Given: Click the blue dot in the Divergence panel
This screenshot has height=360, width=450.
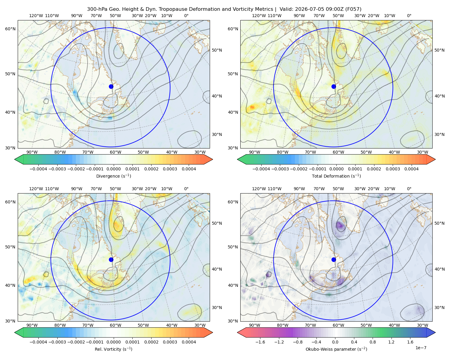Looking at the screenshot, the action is coord(111,86).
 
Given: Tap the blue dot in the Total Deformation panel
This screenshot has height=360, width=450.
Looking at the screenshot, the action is coord(334,86).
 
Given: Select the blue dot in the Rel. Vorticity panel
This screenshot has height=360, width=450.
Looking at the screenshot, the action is coord(111,259).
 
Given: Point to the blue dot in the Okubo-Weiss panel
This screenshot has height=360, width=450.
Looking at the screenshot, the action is coord(334,259).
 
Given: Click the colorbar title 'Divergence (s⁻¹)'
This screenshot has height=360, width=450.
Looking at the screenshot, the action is coord(113,176).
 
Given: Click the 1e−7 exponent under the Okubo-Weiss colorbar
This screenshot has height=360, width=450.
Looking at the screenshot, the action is coord(421,348).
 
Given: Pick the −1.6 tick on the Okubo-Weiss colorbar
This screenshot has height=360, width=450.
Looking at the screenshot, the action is coord(260,342).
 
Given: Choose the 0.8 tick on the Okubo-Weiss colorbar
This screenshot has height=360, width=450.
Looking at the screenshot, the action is coord(373,342).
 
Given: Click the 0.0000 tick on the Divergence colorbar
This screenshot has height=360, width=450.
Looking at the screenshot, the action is coord(113,169).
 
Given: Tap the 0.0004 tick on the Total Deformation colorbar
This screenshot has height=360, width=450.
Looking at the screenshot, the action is coord(411,169).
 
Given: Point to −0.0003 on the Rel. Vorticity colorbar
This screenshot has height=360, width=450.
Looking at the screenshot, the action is coord(57,342).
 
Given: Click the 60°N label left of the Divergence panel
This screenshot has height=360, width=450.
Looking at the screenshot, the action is coord(10,29).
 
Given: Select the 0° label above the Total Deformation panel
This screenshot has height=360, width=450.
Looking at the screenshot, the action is coord(409,16).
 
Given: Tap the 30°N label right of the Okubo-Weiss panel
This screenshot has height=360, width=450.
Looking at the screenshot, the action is coord(439,307).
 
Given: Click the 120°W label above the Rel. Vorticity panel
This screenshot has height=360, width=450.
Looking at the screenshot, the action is coord(36,189).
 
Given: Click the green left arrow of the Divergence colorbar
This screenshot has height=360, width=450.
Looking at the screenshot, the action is coord(19,159).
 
